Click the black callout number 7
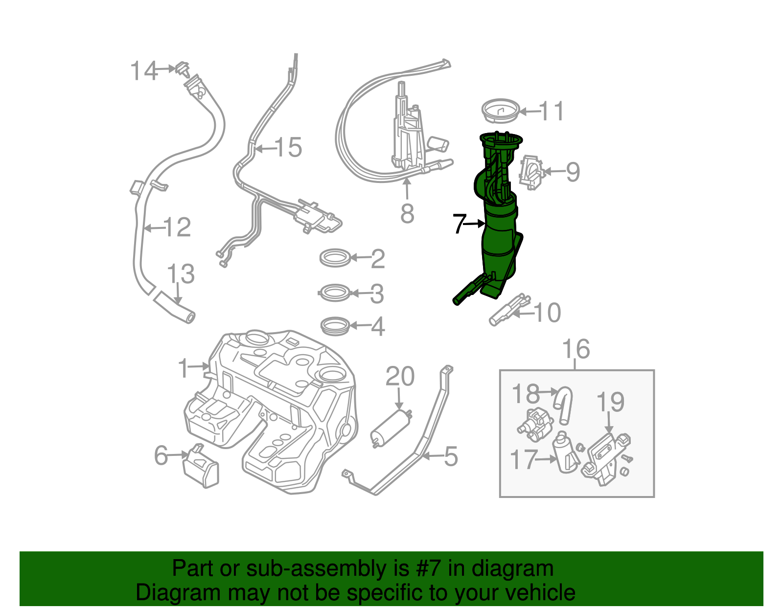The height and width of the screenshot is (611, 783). click(459, 224)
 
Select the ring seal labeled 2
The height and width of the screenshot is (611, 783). click(335, 258)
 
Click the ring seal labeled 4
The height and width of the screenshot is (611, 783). click(335, 326)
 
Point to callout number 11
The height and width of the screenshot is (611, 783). click(552, 112)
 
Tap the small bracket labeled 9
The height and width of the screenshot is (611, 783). click(531, 172)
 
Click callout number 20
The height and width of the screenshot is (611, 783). click(400, 377)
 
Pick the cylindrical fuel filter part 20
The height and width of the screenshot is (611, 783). click(391, 428)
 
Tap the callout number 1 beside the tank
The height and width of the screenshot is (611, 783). click(183, 367)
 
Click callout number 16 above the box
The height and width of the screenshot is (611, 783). click(576, 349)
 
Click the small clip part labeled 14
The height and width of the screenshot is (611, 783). click(183, 69)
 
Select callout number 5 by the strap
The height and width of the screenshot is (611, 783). click(451, 456)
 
